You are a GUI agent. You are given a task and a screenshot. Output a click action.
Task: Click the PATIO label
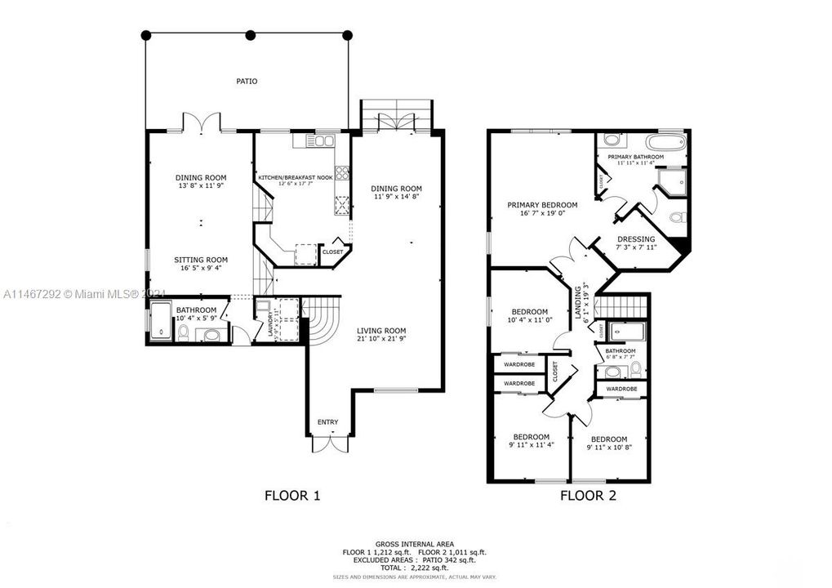[247, 81]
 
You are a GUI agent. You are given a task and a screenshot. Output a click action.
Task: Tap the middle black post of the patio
[250, 35]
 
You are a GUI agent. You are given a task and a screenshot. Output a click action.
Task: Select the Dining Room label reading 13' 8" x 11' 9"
[201, 181]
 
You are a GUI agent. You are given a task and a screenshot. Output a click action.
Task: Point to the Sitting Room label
[200, 263]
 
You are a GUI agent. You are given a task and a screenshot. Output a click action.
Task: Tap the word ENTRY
[327, 421]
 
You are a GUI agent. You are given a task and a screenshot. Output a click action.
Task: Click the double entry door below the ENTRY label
[328, 444]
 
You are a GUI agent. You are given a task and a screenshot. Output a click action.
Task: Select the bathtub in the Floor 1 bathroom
[161, 321]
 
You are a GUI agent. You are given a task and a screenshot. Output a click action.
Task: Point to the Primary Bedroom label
[542, 209]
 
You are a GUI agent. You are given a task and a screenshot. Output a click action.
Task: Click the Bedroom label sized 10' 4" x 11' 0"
[529, 316]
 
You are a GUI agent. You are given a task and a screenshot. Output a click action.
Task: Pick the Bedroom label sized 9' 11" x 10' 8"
[609, 442]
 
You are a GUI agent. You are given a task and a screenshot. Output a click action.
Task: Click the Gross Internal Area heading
[415, 544]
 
